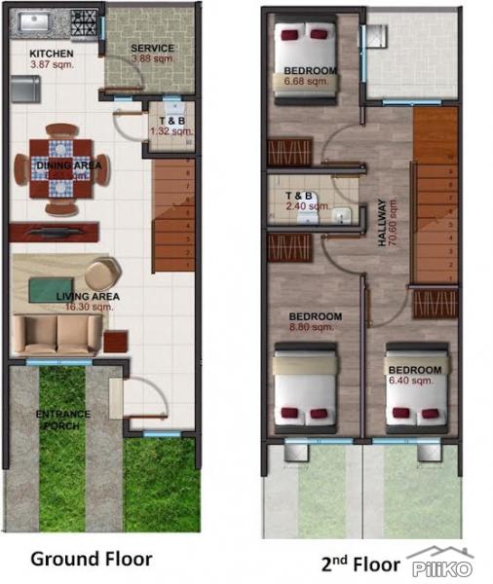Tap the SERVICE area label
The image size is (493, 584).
click(152, 48)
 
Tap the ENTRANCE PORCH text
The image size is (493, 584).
click(64, 418)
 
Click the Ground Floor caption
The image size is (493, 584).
click(91, 559)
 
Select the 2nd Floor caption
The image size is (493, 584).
click(360, 563)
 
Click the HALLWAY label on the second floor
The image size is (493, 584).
click(382, 227)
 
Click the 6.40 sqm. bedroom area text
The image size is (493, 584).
click(414, 381)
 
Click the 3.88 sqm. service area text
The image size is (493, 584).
click(152, 58)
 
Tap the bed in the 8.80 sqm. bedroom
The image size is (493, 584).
click(305, 389)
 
